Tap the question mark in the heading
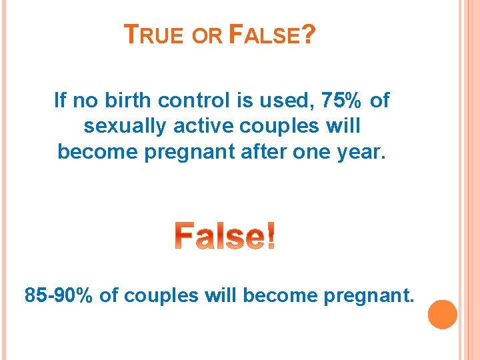[307, 35]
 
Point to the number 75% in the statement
[342, 101]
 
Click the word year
[363, 152]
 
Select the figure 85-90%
[59, 295]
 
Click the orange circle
[442, 314]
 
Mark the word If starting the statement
[60, 101]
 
